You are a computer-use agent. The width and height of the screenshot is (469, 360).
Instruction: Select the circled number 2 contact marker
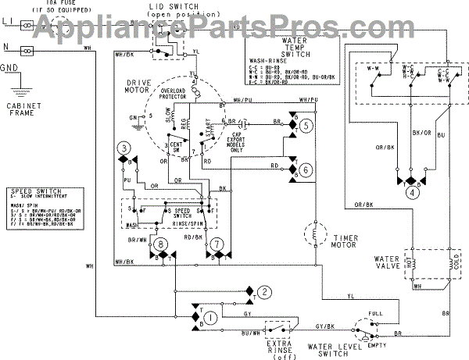265,292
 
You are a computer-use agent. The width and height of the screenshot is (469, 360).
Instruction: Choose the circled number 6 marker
306,169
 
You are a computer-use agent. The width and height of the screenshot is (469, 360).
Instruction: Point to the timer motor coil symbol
313,233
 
